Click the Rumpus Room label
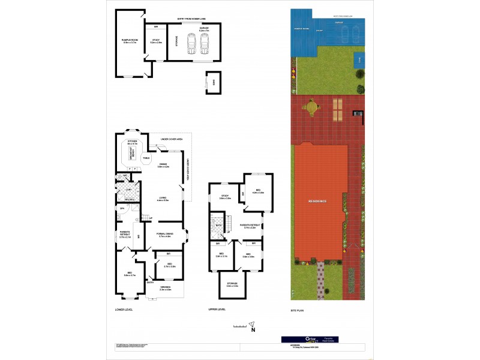click(x=130, y=41)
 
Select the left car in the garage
click(x=191, y=44)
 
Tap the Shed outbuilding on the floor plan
click(x=214, y=82)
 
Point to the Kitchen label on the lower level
click(x=133, y=143)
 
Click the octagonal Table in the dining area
click(x=146, y=158)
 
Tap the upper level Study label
click(x=225, y=196)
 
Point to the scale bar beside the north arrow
click(x=239, y=325)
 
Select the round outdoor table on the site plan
click(x=311, y=107)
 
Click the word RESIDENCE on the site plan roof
click(x=318, y=201)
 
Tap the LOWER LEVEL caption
click(x=124, y=310)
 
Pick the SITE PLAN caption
click(x=298, y=310)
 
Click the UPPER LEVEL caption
click(x=217, y=310)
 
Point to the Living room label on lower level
click(x=163, y=199)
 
